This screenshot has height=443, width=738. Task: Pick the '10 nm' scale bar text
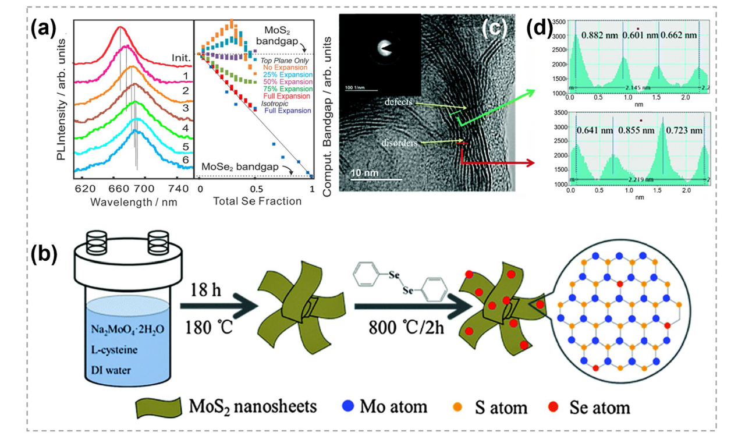pyautogui.click(x=366, y=173)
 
